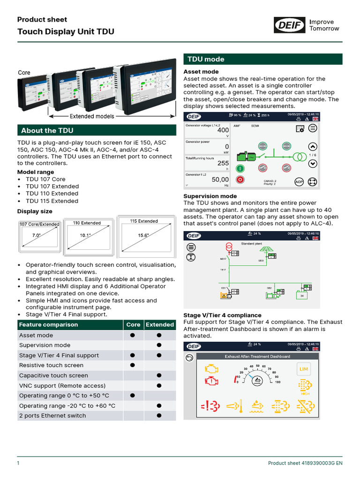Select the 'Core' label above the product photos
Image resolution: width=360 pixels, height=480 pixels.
[24, 73]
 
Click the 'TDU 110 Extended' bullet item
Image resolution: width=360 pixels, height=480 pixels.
[52, 194]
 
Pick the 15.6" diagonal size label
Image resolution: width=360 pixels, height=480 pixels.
[143, 235]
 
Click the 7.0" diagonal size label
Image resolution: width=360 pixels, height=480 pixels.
[36, 235]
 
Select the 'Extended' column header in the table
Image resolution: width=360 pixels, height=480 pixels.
[160, 325]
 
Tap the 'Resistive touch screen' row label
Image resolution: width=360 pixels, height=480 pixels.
[51, 365]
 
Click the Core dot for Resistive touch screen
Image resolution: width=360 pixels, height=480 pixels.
[133, 365]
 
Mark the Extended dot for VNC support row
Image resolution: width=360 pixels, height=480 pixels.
[159, 385]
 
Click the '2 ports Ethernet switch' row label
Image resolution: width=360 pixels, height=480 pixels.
[52, 415]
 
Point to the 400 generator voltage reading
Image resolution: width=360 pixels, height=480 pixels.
[223, 130]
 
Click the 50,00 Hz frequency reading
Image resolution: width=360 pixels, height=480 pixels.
[220, 180]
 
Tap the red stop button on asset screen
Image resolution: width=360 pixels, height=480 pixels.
[240, 180]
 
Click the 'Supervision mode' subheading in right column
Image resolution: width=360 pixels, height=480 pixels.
[210, 196]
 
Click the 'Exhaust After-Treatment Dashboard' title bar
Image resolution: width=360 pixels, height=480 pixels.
[257, 356]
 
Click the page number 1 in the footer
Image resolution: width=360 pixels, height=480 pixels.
[18, 463]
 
